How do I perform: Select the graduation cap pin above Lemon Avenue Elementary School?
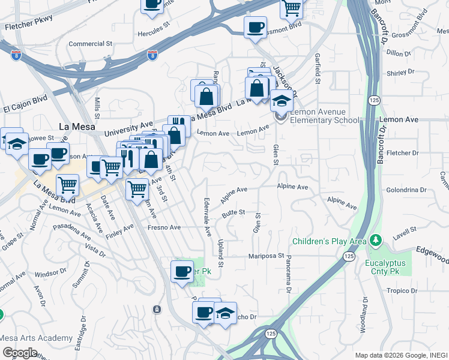pos(281,100)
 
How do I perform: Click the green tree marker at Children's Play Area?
pos(376,241)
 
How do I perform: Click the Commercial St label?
pos(91,44)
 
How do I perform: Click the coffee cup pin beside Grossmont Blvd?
pos(255,27)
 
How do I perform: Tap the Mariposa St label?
pos(267,256)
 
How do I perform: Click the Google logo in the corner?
pos(20,352)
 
